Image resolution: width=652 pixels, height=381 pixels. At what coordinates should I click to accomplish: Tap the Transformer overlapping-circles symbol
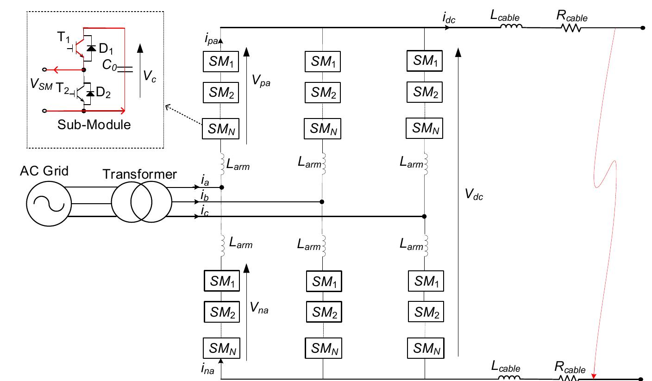(x=141, y=202)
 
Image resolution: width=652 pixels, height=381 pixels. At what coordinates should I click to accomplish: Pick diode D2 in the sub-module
(x=91, y=94)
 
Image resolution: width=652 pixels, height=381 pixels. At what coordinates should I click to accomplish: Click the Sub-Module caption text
(x=94, y=125)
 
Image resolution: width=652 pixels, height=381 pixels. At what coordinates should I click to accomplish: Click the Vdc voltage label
(x=474, y=195)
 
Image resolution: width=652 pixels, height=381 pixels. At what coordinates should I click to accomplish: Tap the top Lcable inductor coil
(x=510, y=27)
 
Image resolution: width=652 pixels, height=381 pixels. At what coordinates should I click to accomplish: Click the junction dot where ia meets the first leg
(x=222, y=187)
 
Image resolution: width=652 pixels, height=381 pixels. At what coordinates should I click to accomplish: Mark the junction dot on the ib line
(x=322, y=202)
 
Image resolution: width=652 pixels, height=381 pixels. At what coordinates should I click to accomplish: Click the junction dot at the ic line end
(x=425, y=216)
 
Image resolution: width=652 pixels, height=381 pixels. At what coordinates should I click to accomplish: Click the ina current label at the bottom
(x=208, y=369)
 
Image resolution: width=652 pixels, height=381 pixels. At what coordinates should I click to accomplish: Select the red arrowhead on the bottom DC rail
(x=594, y=375)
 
